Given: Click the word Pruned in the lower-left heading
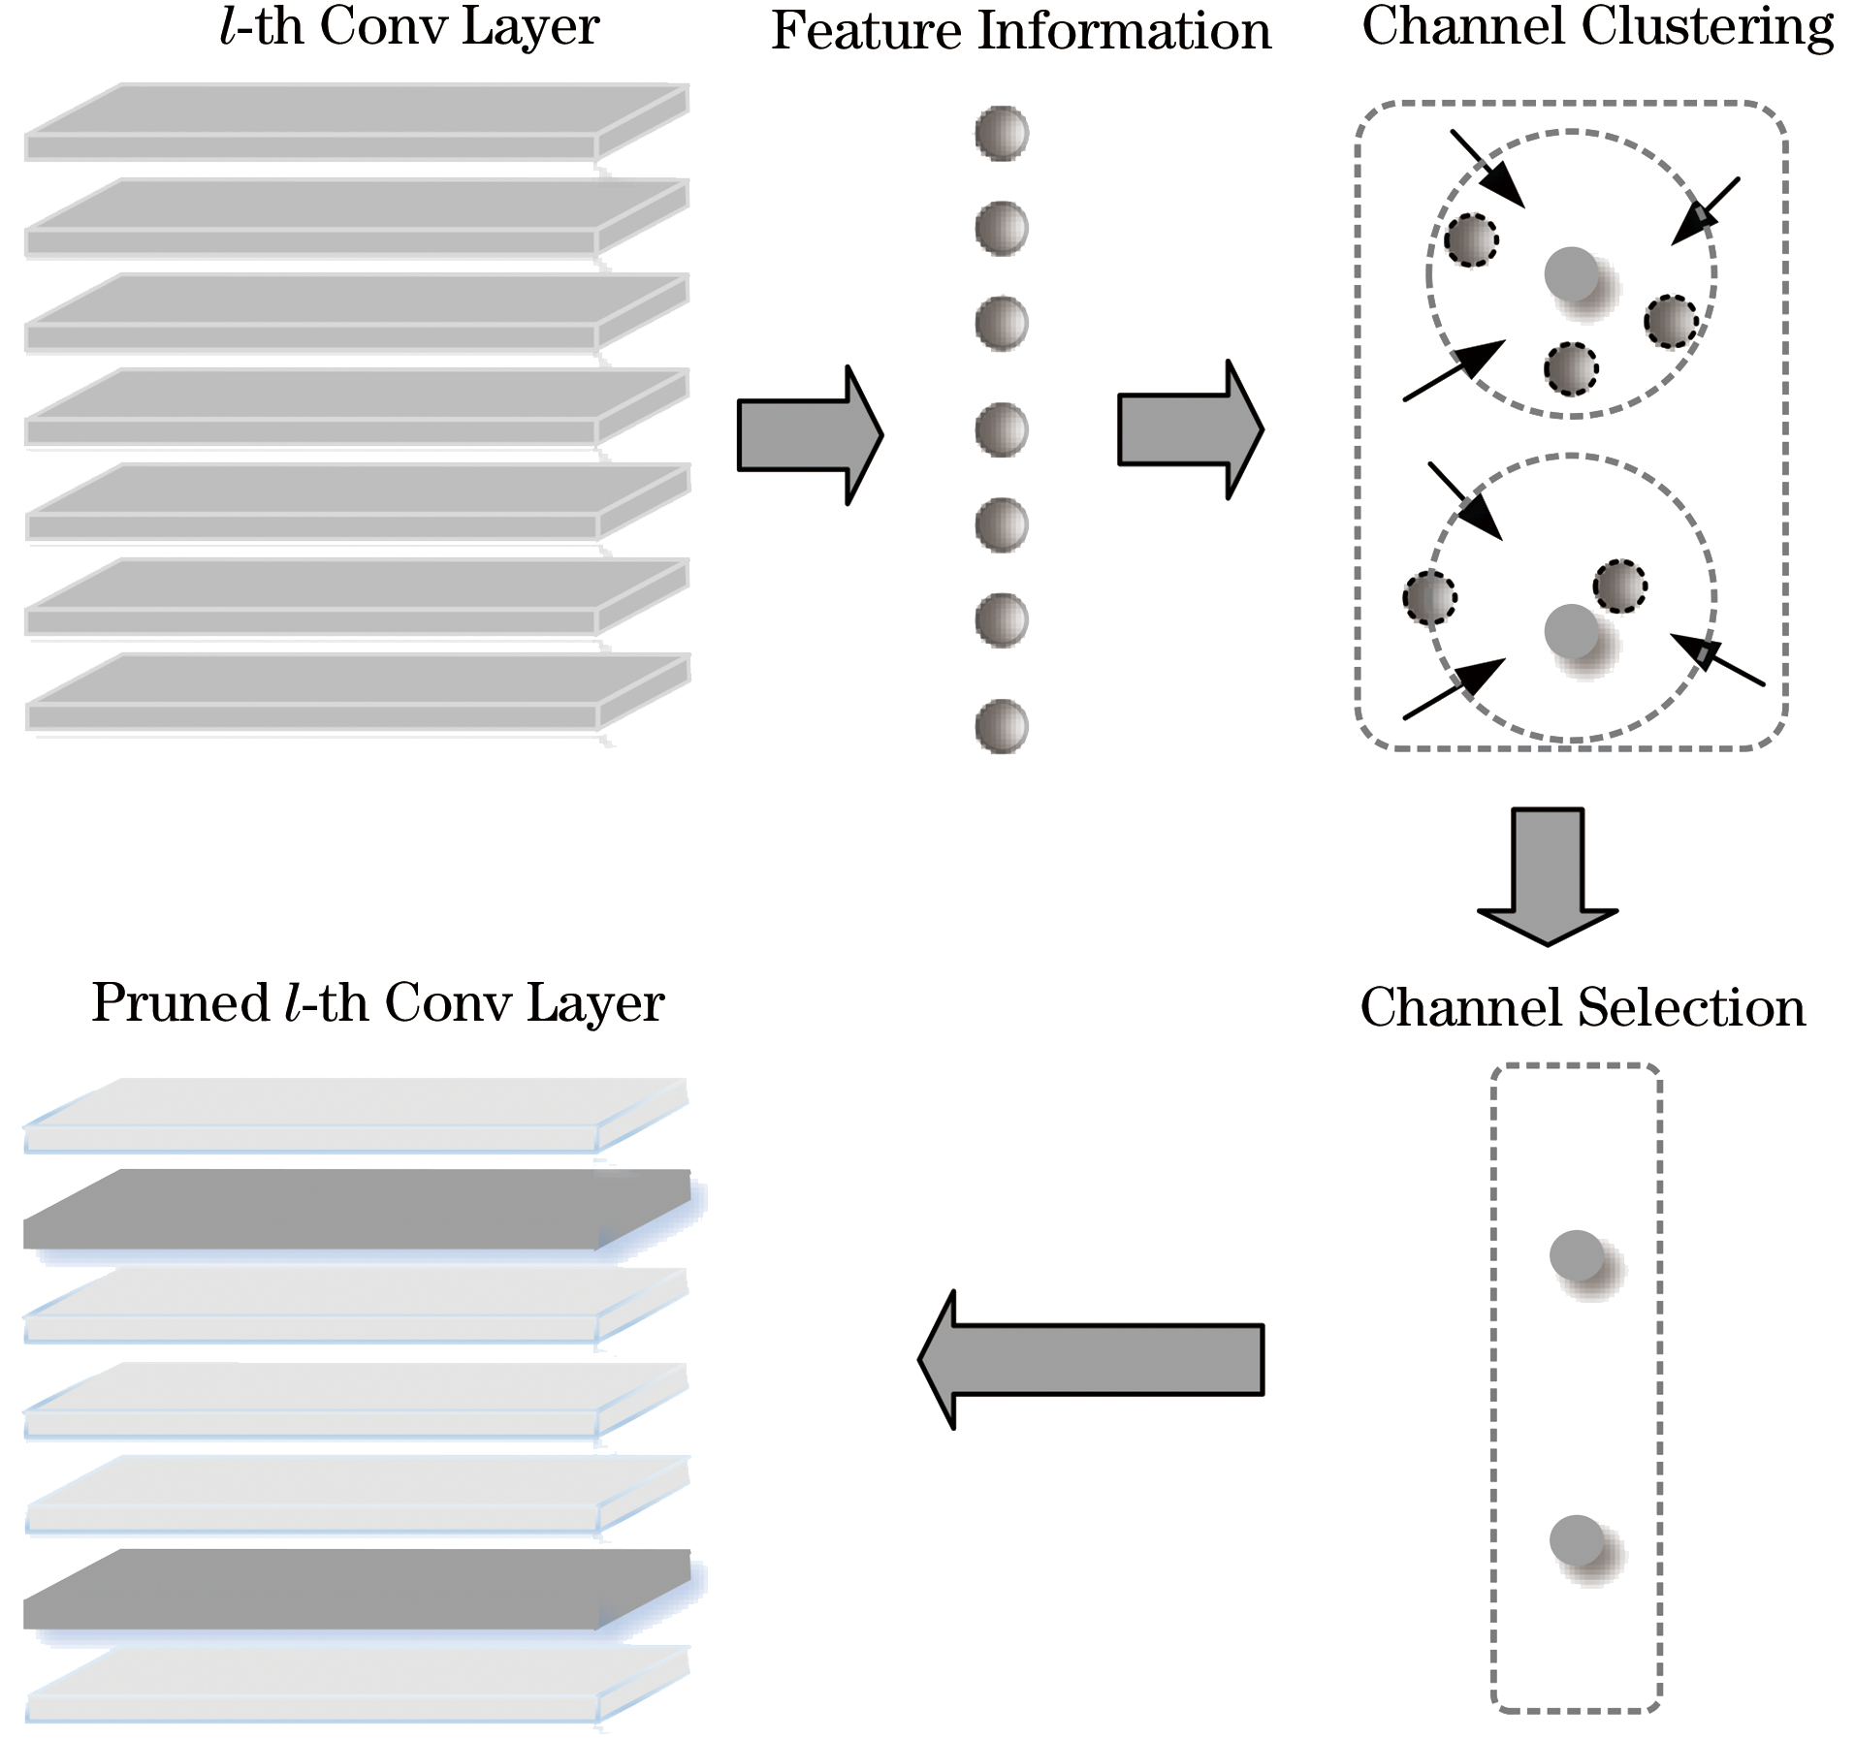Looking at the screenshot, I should coord(180,1002).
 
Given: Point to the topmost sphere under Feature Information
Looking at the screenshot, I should coord(1001,133).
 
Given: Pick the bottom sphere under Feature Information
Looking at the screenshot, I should coord(1001,726).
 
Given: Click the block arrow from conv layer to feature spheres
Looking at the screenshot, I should coord(809,435).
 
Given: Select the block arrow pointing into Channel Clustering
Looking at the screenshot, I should coord(1189,429).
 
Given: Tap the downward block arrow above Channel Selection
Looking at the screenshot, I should coord(1547,873).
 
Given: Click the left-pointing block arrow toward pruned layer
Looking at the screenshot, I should coord(1091,1359).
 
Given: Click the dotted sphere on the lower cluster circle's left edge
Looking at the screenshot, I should coord(1429,597).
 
